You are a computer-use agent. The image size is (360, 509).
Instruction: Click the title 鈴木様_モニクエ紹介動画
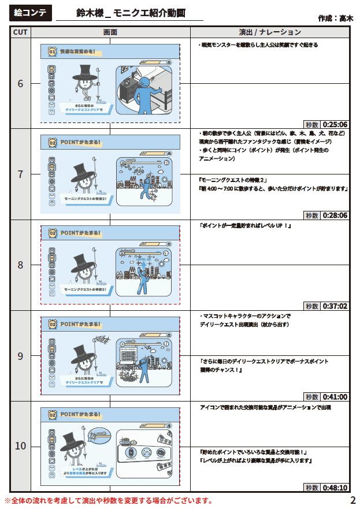click(x=131, y=13)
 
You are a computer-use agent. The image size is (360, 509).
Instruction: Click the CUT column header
click(x=20, y=32)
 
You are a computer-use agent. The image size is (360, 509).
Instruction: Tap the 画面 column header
click(x=110, y=32)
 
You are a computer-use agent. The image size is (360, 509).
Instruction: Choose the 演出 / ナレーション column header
click(x=270, y=32)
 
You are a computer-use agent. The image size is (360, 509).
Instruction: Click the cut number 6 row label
click(x=20, y=83)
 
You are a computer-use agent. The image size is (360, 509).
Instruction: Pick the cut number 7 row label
click(x=20, y=174)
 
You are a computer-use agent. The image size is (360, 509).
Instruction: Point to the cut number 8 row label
click(x=20, y=265)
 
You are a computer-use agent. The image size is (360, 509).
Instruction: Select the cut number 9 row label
click(x=20, y=356)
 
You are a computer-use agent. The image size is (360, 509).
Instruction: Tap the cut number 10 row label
click(x=20, y=446)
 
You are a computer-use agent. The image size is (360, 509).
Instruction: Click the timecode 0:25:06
click(x=335, y=124)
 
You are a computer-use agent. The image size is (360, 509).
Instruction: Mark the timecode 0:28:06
click(x=335, y=215)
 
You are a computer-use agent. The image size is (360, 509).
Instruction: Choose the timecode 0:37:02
click(x=335, y=306)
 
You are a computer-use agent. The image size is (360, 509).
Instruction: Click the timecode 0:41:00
click(x=335, y=397)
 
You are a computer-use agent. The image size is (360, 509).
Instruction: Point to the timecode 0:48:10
click(x=335, y=488)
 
